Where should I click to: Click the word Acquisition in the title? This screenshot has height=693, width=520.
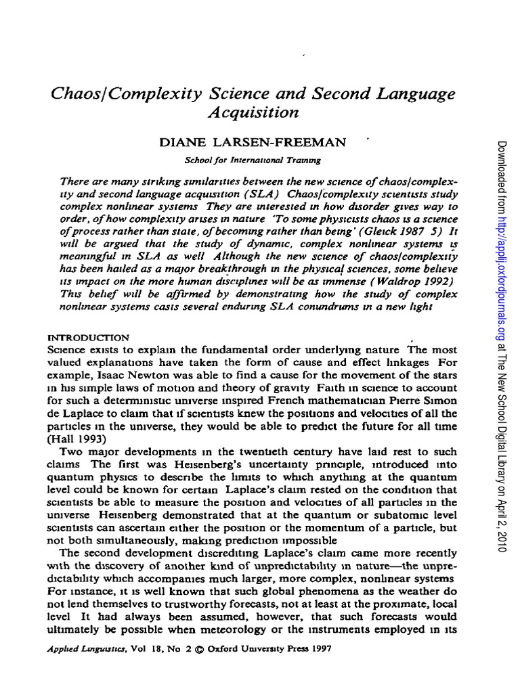point(253,112)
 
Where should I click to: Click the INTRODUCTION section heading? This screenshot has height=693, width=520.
point(89,336)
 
